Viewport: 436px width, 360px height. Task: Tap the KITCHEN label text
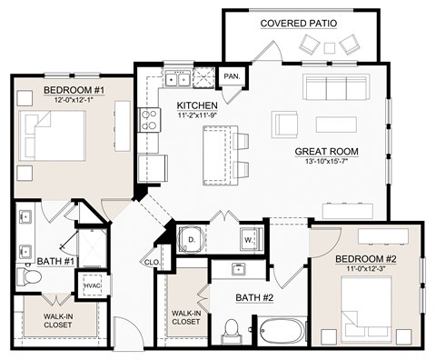(197, 106)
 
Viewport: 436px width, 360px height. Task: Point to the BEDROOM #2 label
(366, 259)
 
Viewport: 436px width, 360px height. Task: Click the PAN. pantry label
(233, 75)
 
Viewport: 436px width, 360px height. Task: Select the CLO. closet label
(152, 264)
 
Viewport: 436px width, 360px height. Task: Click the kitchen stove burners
(148, 119)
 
